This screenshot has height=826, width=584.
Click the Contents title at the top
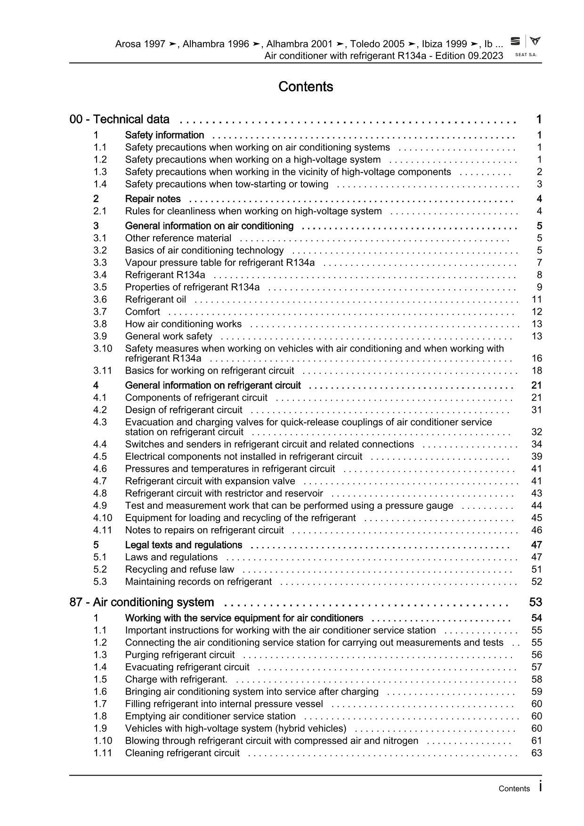306,87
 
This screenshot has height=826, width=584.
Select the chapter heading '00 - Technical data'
120,119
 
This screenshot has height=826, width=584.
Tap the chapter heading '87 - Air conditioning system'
142,602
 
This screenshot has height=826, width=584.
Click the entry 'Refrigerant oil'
155,299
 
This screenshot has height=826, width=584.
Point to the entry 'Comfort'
142,311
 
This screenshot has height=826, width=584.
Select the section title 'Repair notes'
153,199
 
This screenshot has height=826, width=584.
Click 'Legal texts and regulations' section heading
183,545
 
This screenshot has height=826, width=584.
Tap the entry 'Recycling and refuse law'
179,569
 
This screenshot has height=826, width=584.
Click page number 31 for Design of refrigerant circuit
536,409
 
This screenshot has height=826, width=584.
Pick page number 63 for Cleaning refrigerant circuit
536,752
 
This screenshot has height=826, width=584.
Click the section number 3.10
103,348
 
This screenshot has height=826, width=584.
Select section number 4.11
103,530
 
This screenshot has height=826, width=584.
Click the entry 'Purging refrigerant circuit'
179,654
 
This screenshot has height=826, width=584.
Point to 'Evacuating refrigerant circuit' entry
187,667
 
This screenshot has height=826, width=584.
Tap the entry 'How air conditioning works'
183,324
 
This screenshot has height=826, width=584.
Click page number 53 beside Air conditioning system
535,602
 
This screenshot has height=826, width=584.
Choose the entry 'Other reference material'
178,238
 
